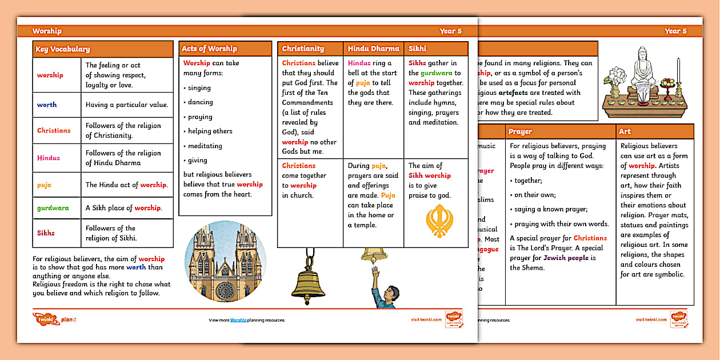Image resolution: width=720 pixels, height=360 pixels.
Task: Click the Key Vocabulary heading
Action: tap(63, 50)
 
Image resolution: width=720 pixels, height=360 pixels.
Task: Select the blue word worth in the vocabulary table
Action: tap(47, 105)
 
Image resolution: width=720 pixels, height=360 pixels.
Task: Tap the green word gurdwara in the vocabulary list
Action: tap(53, 208)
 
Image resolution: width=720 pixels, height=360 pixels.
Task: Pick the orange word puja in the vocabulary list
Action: tap(45, 185)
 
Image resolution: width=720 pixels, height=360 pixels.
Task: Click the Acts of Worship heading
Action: tap(209, 49)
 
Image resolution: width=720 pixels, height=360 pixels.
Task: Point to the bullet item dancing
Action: tap(200, 102)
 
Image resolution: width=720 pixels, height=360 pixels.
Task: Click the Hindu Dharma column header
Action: tap(373, 49)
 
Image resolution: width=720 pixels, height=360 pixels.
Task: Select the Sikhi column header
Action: tap(418, 49)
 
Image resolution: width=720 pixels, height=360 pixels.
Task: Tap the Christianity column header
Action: tap(303, 49)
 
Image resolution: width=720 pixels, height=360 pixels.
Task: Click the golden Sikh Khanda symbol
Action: tap(439, 221)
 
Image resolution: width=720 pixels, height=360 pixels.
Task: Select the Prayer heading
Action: tap(520, 131)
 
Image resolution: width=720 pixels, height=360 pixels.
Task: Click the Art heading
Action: tap(625, 131)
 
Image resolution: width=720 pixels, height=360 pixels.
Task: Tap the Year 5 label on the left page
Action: tap(450, 31)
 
